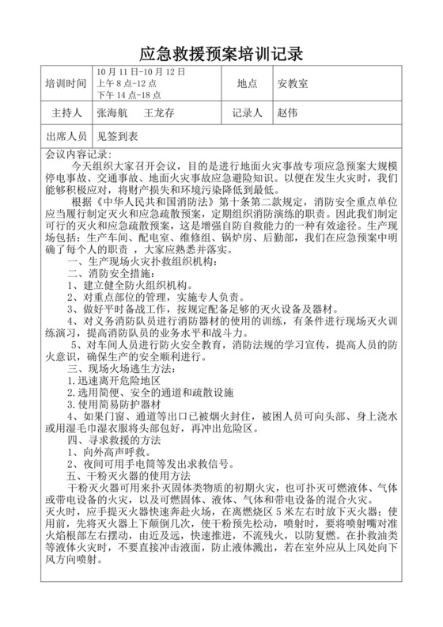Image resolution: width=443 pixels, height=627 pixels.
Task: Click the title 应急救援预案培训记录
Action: coord(221,54)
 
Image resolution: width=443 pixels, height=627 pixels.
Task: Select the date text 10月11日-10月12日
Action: coord(140,72)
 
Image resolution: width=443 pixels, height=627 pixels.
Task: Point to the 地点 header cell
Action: coord(248,83)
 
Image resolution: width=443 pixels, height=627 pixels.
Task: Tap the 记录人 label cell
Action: coord(248,112)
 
